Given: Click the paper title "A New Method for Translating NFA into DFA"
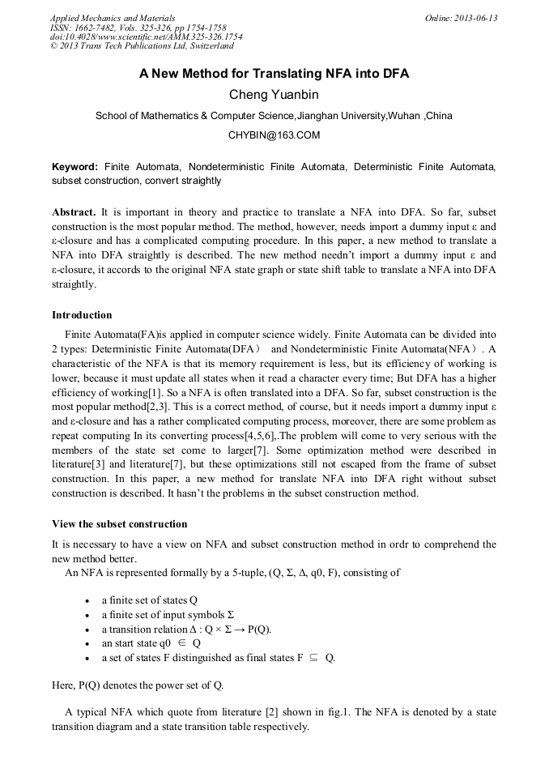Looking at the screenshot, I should point(274,74).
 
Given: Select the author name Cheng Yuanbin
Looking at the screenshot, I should point(274,95).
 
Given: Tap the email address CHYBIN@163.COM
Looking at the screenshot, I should point(274,135).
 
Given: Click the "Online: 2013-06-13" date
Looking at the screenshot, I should point(461,18).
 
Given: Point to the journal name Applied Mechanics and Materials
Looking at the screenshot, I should point(113,18).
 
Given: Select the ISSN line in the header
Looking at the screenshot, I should point(138,28).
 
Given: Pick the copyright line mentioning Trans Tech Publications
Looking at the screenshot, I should point(142,46).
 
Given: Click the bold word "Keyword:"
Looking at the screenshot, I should point(75,166).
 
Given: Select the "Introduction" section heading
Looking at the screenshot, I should point(82,315).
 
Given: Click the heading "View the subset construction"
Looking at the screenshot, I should point(119,524).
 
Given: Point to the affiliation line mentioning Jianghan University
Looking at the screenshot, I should point(274,116).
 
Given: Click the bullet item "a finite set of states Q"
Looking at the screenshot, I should point(149,600).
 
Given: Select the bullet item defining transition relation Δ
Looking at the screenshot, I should point(186,630).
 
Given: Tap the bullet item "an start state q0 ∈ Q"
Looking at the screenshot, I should point(151,643).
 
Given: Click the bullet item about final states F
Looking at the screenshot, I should point(218,658).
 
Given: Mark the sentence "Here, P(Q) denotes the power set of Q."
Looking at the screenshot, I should point(138,685).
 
